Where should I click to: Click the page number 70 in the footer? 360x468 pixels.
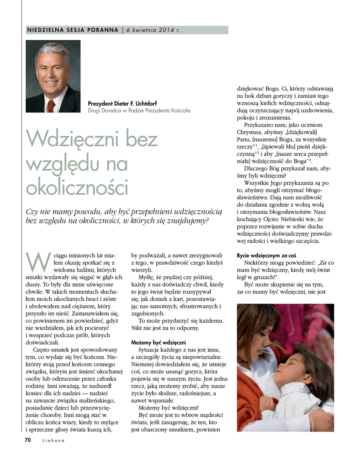(27, 440)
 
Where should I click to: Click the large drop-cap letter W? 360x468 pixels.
(36, 261)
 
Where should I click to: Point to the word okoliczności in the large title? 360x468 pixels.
(77, 187)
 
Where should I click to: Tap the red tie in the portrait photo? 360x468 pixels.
(51, 106)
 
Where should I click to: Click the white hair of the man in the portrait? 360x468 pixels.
(53, 51)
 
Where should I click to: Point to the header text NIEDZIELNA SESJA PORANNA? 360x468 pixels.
(73, 30)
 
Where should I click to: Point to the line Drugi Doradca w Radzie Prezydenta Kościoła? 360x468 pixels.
(139, 111)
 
